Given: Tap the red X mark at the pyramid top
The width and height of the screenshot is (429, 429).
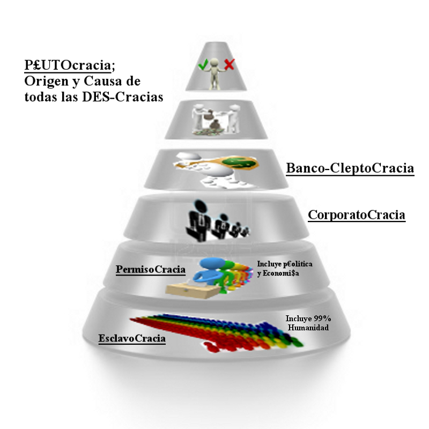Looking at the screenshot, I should pyautogui.click(x=229, y=65).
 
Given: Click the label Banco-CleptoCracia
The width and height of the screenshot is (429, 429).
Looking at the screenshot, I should pyautogui.click(x=350, y=168).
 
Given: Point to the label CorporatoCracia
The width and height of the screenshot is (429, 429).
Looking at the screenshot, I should pyautogui.click(x=357, y=216).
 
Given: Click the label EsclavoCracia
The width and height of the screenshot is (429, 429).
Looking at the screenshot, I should pyautogui.click(x=132, y=339).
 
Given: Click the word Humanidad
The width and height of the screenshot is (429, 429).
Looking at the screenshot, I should pyautogui.click(x=308, y=327).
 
